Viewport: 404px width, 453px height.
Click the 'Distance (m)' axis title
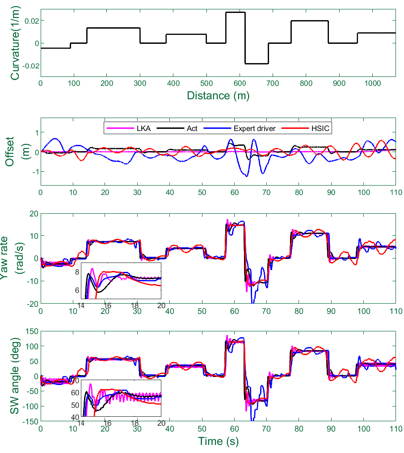218,95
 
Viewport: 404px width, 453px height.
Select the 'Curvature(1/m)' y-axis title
15,42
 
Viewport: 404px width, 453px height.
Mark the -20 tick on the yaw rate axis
31,304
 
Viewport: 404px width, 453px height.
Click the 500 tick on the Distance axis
206,83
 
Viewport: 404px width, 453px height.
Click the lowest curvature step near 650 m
257,64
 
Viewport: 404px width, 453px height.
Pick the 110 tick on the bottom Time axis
396,430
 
